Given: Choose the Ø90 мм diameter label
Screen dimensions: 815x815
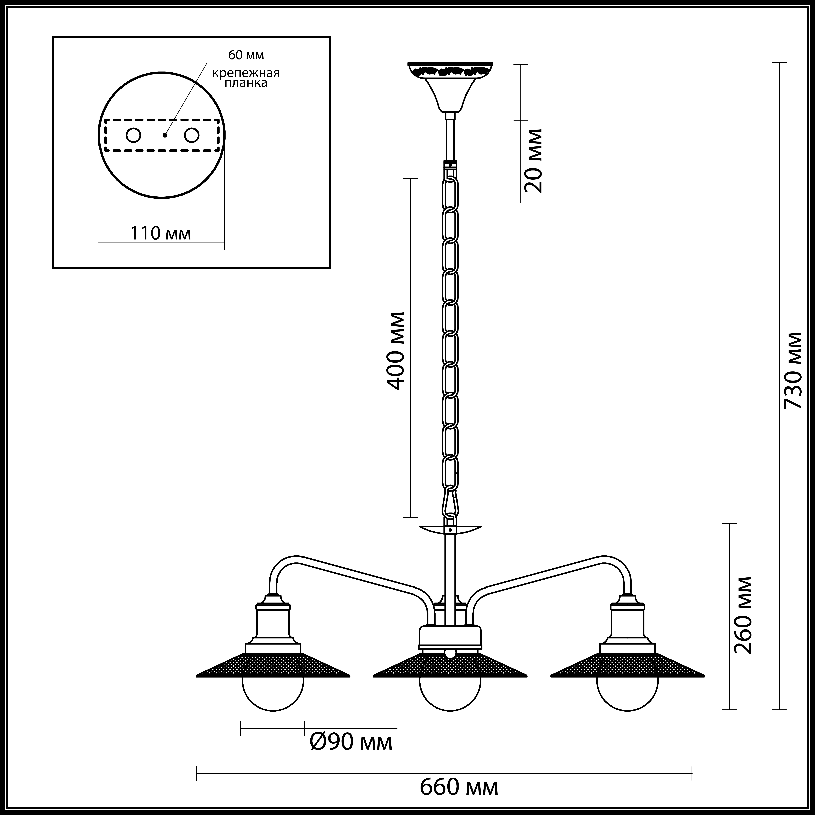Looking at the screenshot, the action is point(351,742).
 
